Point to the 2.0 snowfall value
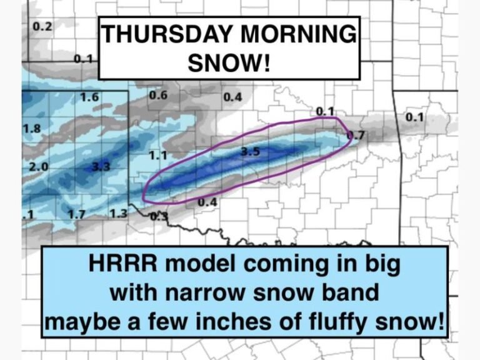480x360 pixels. coord(38,167)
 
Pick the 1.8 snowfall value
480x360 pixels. coord(32,128)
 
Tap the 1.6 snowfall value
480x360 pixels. coord(90,97)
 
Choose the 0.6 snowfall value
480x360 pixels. coord(158,95)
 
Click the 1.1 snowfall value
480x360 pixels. coord(157,154)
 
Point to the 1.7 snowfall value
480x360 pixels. coord(76,214)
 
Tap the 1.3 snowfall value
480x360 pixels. coord(117,214)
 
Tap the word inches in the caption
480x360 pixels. coord(252,322)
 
